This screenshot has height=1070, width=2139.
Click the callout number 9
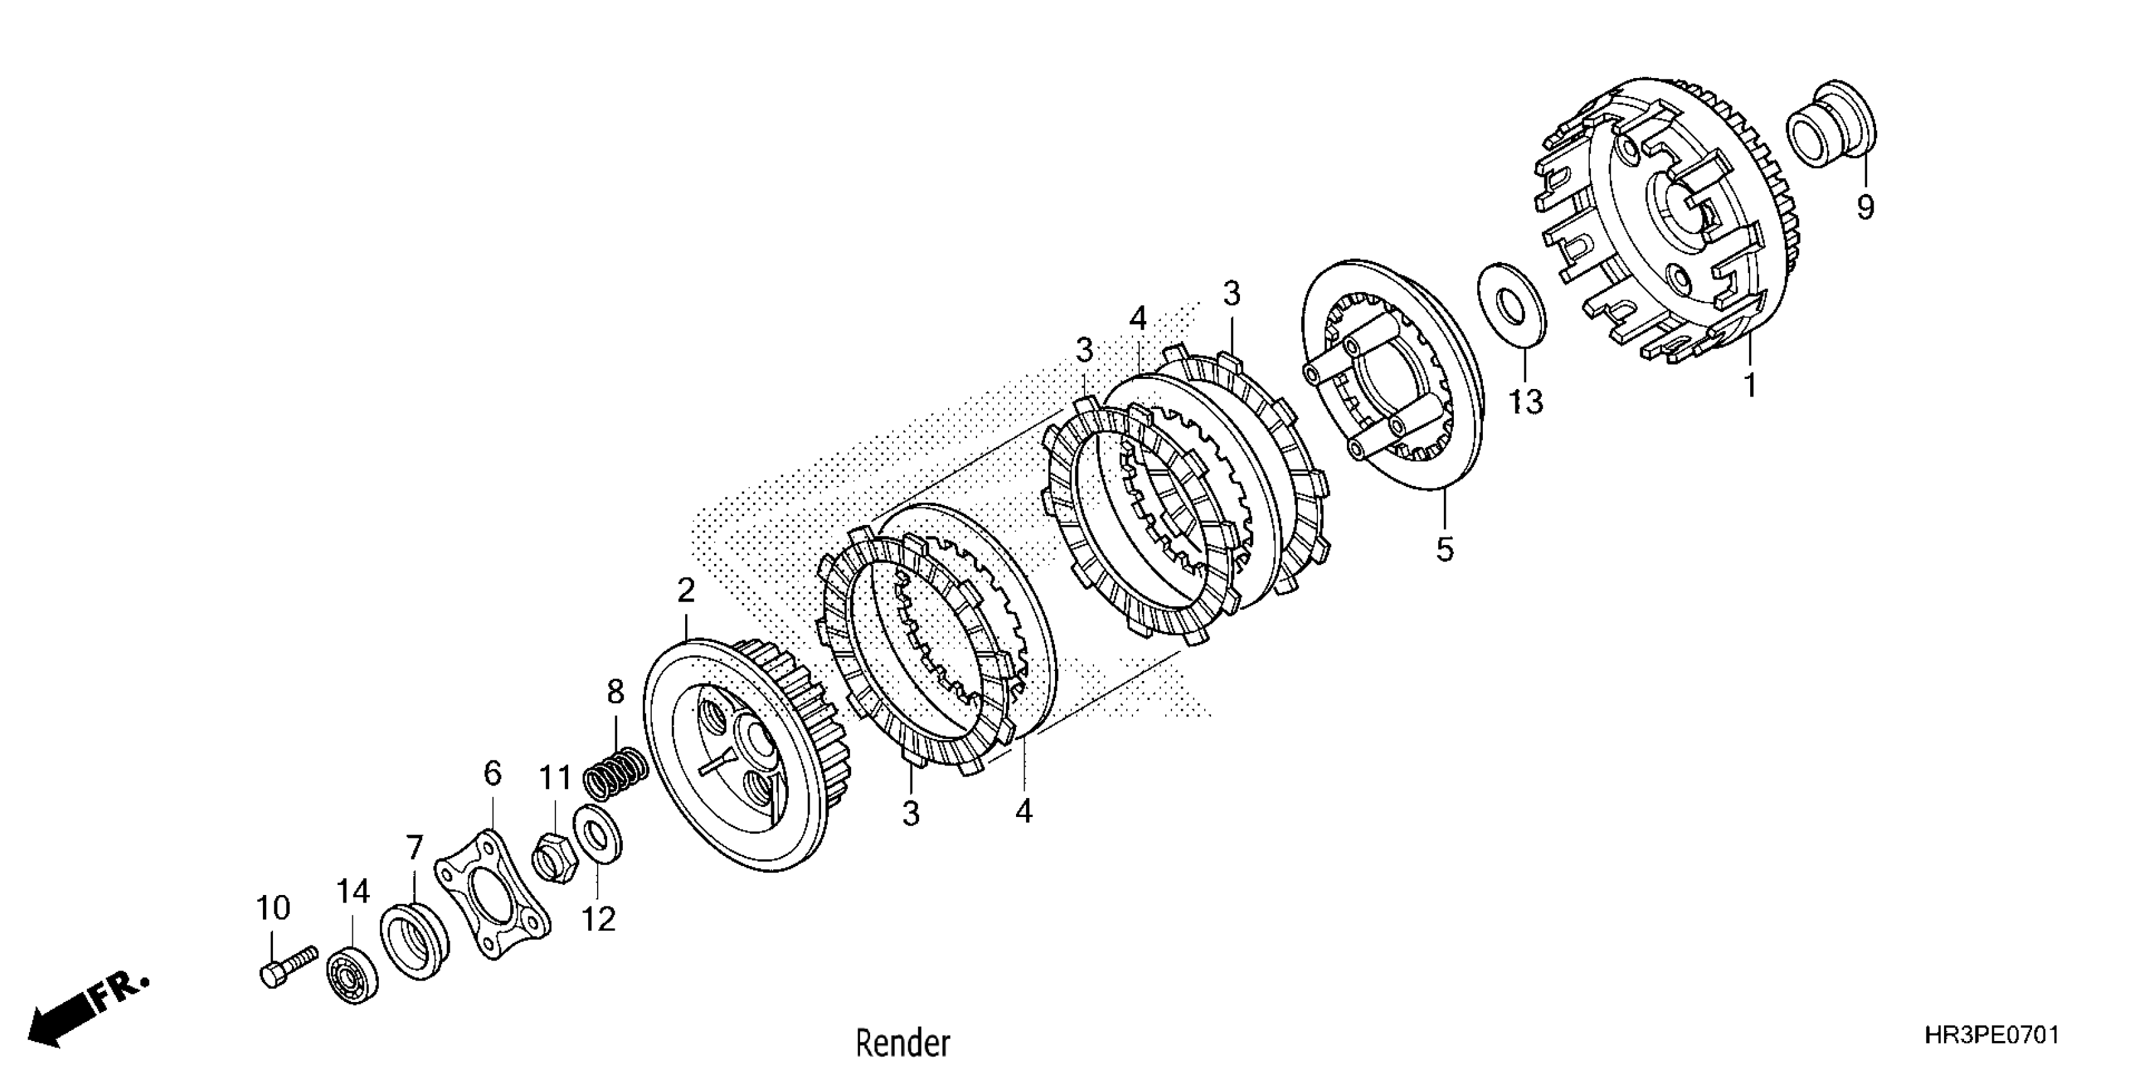1865,206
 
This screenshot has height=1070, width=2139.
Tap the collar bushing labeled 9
1829,135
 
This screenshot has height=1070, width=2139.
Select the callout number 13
1526,402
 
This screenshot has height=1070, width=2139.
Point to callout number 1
1750,385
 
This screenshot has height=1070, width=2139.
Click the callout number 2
686,590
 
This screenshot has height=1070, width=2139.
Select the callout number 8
615,691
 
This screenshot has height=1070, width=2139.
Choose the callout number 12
598,919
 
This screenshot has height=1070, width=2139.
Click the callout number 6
493,774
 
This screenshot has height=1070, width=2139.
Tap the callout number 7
413,847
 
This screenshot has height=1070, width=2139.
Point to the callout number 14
352,891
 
